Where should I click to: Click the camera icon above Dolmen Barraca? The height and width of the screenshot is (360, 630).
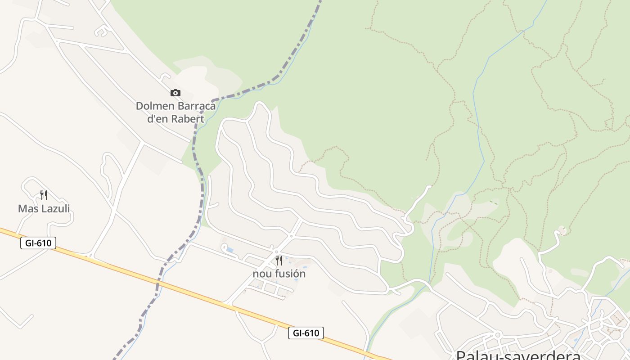[x=175, y=93]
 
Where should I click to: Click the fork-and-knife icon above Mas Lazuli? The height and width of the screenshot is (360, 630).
[x=44, y=195]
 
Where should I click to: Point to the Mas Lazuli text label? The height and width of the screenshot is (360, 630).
[x=44, y=209]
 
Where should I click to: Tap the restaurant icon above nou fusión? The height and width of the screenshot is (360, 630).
[x=279, y=261]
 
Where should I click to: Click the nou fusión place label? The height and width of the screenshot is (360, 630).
[x=279, y=274]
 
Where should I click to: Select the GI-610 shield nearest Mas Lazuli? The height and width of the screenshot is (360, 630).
[x=38, y=243]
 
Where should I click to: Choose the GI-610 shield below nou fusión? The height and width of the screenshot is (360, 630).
[x=306, y=333]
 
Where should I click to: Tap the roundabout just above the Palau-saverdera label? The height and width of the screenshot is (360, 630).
[x=498, y=335]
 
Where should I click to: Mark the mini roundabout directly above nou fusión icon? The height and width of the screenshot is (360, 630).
[x=277, y=252]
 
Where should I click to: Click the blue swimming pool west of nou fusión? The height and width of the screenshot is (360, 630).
[x=229, y=249]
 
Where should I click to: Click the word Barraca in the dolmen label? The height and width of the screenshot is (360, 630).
[x=197, y=106]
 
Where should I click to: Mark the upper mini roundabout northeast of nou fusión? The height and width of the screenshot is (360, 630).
[x=291, y=236]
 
